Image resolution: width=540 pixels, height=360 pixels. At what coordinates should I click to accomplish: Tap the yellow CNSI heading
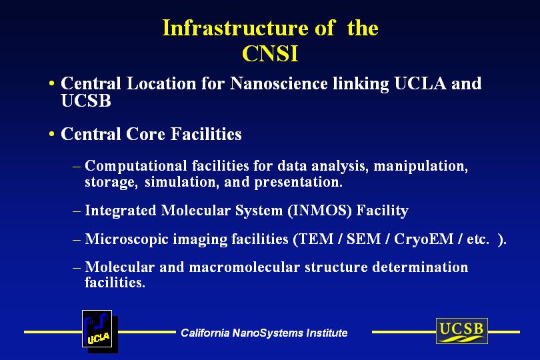click(270, 54)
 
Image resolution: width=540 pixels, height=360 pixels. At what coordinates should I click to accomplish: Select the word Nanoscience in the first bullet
click(279, 83)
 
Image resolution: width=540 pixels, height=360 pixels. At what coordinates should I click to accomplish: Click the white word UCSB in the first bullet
click(86, 100)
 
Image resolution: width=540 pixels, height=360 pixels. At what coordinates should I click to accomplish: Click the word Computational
click(136, 166)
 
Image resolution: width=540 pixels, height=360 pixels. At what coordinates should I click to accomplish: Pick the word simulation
click(182, 182)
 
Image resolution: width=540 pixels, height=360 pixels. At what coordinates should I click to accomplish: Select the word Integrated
click(121, 211)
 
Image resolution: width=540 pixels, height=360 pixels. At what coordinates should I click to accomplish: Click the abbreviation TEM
click(316, 239)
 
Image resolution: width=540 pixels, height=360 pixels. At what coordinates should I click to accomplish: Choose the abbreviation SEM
click(363, 239)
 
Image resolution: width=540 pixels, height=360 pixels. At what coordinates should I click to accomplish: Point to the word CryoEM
click(423, 239)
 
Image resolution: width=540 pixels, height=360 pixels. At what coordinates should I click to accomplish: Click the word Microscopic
click(127, 239)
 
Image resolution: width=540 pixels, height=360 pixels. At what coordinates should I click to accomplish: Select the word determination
click(420, 267)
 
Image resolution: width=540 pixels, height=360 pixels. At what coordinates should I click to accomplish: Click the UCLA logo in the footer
click(97, 329)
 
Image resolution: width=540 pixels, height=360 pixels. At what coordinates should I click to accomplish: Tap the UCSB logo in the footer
click(462, 331)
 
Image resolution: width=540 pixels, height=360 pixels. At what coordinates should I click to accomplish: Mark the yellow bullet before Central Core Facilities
click(51, 133)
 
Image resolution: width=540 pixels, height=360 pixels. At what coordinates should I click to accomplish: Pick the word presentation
click(298, 183)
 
